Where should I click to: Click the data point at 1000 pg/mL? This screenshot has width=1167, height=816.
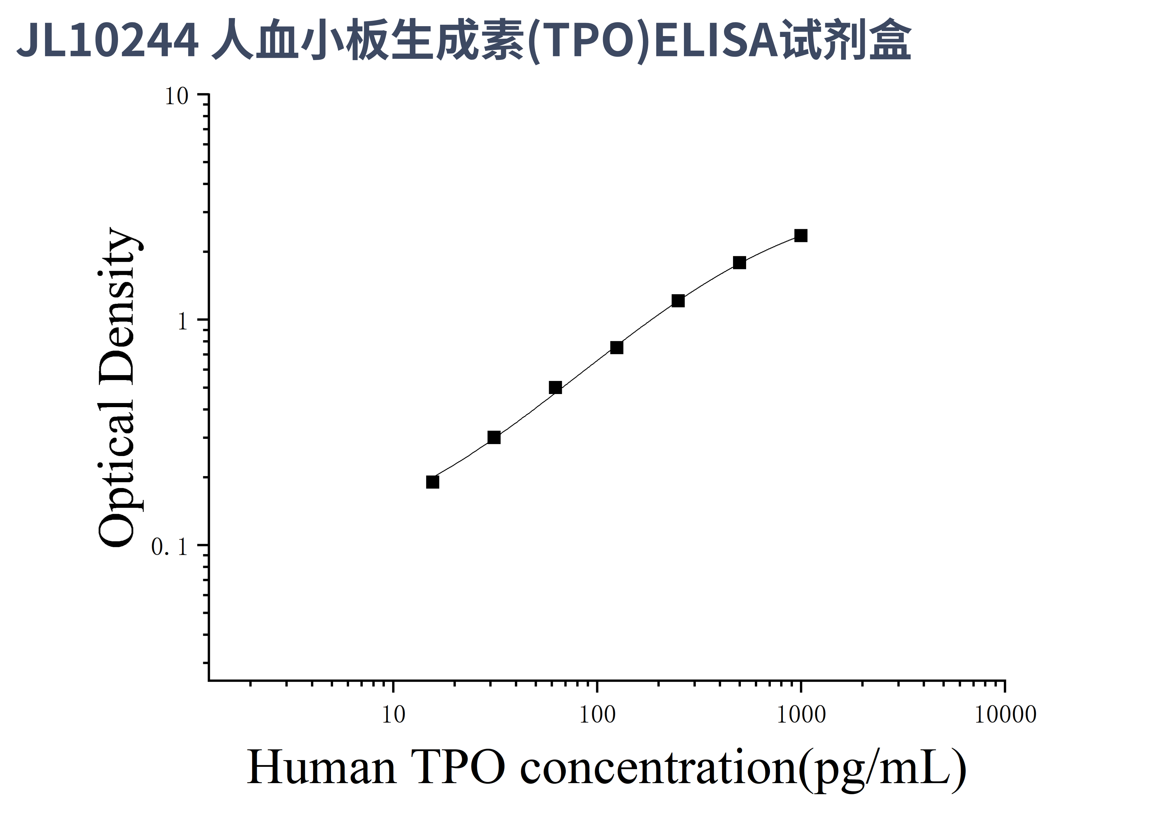click(800, 235)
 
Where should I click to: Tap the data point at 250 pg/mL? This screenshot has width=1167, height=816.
click(678, 301)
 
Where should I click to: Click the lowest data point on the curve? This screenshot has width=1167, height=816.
click(433, 482)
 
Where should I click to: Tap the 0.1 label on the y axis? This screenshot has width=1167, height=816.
click(169, 547)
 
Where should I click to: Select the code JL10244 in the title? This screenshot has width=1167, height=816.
click(108, 41)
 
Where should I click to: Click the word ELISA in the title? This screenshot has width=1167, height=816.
click(717, 41)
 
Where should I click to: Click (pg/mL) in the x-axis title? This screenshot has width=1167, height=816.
click(882, 768)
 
